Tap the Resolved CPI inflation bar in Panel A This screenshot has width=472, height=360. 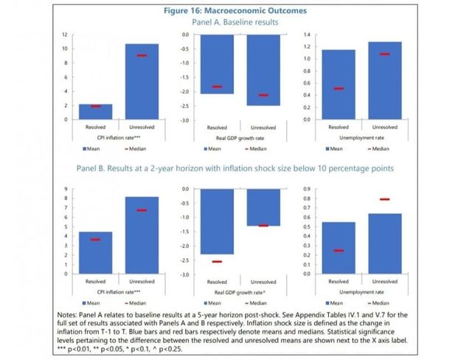pyautogui.click(x=95, y=111)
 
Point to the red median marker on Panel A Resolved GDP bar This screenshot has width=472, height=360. pyautogui.click(x=217, y=86)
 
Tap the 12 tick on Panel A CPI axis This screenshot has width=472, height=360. pyautogui.click(x=65, y=35)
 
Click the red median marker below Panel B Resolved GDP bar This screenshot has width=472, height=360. pyautogui.click(x=217, y=261)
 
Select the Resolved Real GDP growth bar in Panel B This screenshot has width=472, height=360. pyautogui.click(x=217, y=222)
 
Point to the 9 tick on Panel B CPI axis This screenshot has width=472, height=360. pyautogui.click(x=66, y=190)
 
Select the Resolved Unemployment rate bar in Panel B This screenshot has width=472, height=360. pyautogui.click(x=338, y=248)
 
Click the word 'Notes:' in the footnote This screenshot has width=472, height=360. pyautogui.click(x=75, y=316)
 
